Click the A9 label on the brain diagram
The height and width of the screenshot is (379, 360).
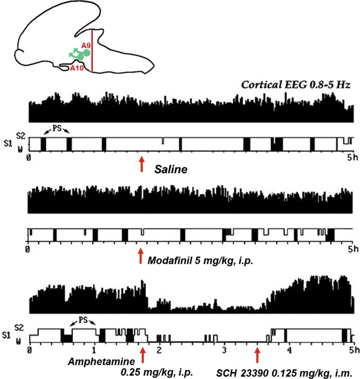coord(86,46)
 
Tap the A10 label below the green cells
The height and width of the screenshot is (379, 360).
coord(77,68)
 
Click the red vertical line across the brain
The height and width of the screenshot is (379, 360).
coord(92,51)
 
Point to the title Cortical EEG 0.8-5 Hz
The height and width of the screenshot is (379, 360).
coord(296,85)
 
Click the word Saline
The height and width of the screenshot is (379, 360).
coord(171,169)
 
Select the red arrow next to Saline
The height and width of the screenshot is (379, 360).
coord(142,164)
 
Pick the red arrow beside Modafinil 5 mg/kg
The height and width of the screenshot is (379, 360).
coord(141,256)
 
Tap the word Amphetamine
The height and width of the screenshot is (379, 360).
coord(101,361)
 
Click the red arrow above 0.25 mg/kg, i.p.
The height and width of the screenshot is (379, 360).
coord(143,355)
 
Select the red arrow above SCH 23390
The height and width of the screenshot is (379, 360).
coord(257,355)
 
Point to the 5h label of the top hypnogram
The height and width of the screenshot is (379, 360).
coord(353,157)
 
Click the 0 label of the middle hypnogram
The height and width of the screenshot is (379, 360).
coord(28,249)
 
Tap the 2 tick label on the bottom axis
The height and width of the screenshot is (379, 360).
coord(159,350)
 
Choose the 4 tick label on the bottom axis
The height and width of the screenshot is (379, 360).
coord(289,350)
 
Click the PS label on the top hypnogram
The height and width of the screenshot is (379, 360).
coord(57,128)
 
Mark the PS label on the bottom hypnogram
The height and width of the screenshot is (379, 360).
coord(83,320)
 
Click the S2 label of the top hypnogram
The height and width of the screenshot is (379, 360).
coord(21,136)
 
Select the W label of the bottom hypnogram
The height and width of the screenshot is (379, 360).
coord(19,341)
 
